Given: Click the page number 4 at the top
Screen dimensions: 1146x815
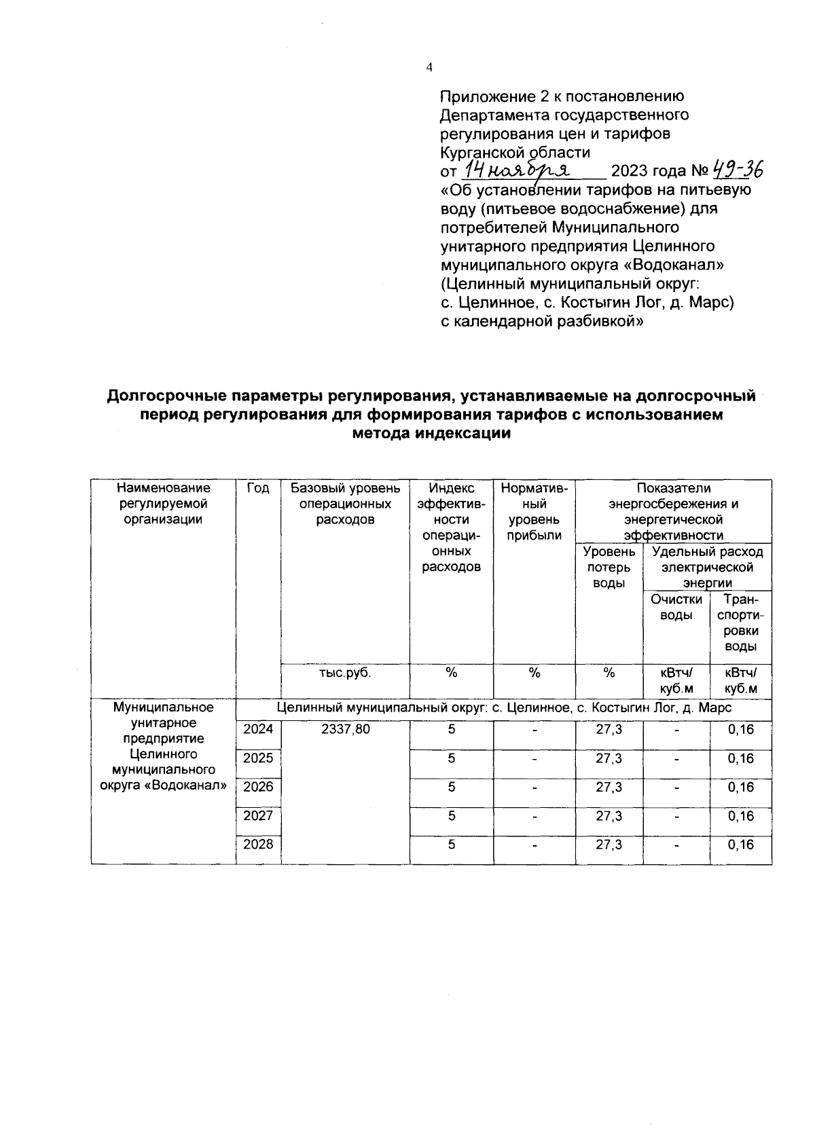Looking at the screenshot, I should pyautogui.click(x=429, y=67).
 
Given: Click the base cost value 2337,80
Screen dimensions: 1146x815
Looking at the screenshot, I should pyautogui.click(x=345, y=730).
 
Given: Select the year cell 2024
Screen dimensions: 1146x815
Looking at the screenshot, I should pyautogui.click(x=258, y=730).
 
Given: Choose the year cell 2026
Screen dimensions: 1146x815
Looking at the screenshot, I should pyautogui.click(x=258, y=788).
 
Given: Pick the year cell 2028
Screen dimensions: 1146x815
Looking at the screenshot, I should pyautogui.click(x=258, y=845).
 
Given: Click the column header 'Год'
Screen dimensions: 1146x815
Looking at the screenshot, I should pyautogui.click(x=258, y=488).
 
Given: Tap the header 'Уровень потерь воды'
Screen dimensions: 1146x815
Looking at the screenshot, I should pyautogui.click(x=609, y=568).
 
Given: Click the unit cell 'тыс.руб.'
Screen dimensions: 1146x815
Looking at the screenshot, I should pyautogui.click(x=345, y=673).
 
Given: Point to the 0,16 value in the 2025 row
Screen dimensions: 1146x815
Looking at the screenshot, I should pyautogui.click(x=740, y=758).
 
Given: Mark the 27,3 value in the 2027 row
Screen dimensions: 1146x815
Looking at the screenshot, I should pyautogui.click(x=609, y=816).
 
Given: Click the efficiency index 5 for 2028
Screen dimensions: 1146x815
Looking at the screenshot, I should pyautogui.click(x=451, y=845).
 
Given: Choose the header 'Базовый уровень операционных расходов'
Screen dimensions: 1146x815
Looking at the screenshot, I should pyautogui.click(x=345, y=504).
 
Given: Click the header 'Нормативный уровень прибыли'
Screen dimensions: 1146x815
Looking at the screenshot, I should pyautogui.click(x=534, y=512).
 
